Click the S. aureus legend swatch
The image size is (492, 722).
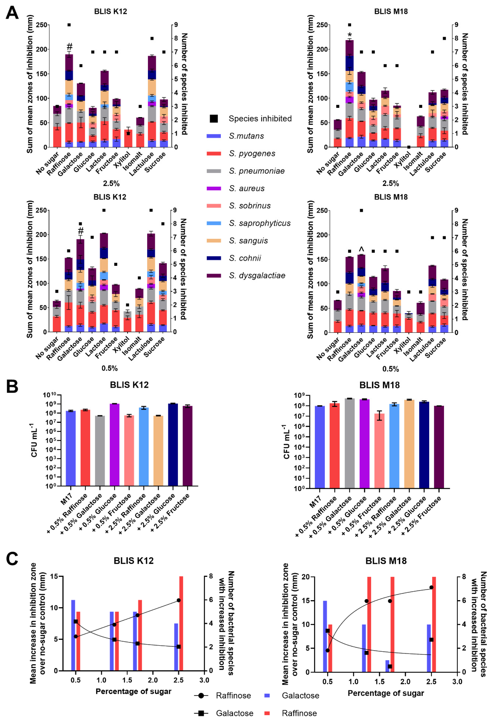point(214,188)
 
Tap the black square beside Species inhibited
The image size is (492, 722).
point(214,119)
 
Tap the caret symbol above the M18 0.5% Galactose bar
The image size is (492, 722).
point(361,249)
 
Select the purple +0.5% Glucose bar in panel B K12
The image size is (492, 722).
point(115,444)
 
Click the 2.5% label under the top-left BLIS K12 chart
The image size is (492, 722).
point(111,183)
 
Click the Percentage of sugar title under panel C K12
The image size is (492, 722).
point(133,691)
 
